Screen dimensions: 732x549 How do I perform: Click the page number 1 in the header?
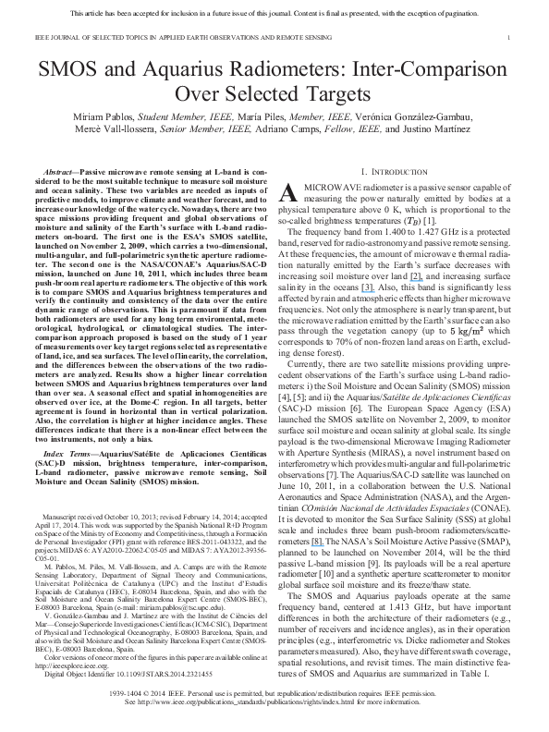(509, 38)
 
